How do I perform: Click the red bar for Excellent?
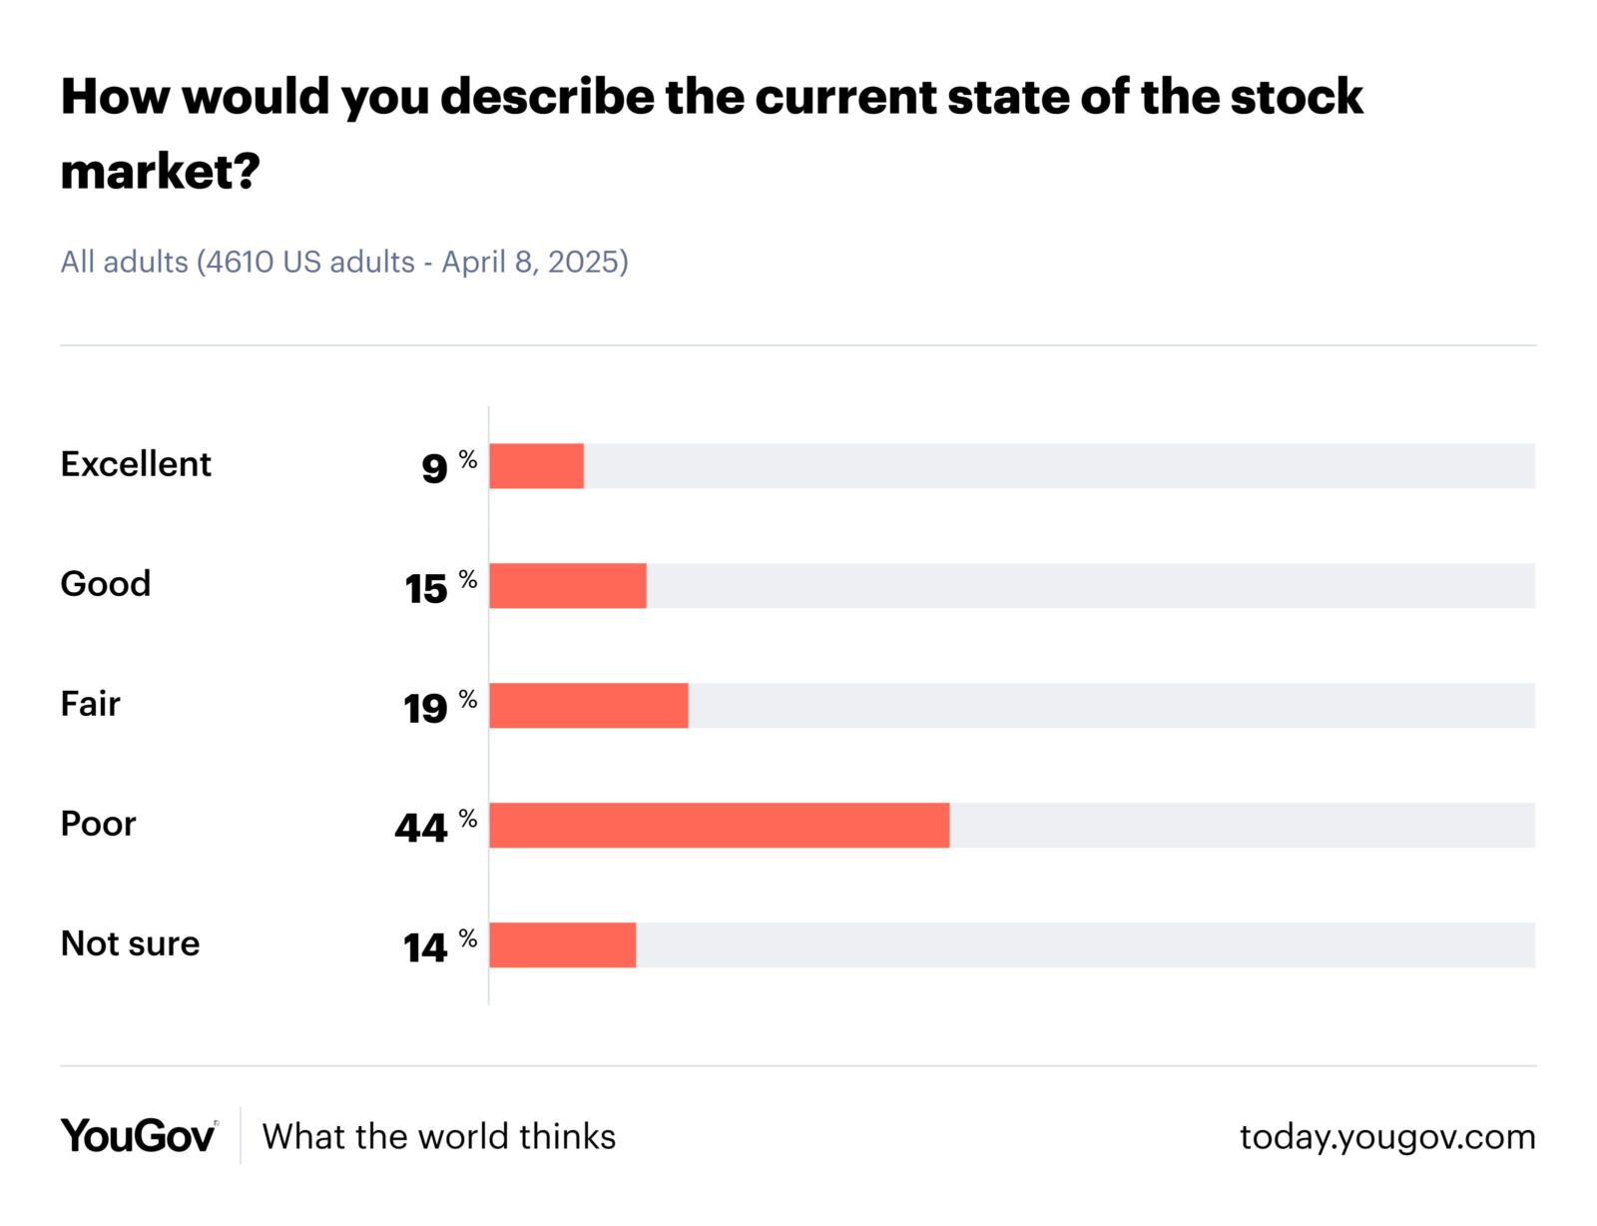click(x=536, y=466)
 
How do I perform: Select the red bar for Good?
click(x=567, y=586)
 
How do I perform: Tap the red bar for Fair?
click(x=588, y=706)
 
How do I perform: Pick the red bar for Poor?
click(x=719, y=826)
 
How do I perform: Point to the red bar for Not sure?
click(x=562, y=945)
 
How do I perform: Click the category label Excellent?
click(x=136, y=464)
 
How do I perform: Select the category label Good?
click(x=106, y=584)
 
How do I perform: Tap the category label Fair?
click(x=90, y=704)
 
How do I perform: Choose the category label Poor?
click(x=98, y=824)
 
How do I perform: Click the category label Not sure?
click(x=130, y=943)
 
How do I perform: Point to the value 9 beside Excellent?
click(x=434, y=468)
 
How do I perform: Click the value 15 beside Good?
click(x=426, y=589)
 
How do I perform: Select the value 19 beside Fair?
click(x=425, y=709)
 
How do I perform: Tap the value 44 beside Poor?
click(x=421, y=829)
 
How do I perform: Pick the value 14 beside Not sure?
click(x=425, y=948)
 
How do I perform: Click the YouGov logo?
click(x=138, y=1136)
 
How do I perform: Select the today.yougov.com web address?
click(x=1387, y=1136)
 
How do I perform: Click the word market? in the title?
click(x=160, y=172)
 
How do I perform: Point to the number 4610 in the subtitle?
click(x=240, y=262)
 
